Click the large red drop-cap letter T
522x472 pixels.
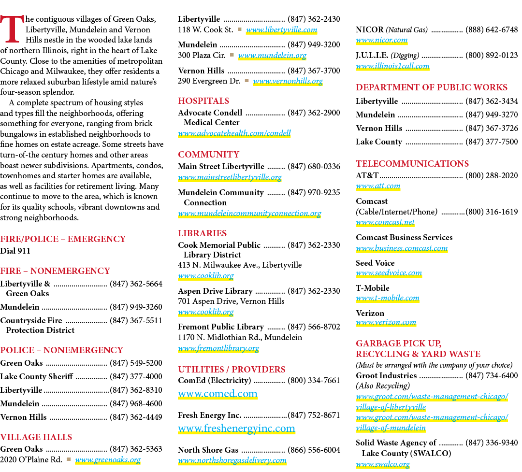pyautogui.click(x=12, y=29)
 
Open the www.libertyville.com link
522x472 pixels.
pyautogui.click(x=281, y=30)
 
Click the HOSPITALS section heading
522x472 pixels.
pyautogui.click(x=203, y=101)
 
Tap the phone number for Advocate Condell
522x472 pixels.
pyautogui.click(x=314, y=113)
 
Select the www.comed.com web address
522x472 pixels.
pyautogui.click(x=217, y=393)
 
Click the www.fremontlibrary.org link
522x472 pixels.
pyautogui.click(x=218, y=348)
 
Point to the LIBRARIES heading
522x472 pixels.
pyautogui.click(x=202, y=233)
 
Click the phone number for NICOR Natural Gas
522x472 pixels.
pyautogui.click(x=492, y=29)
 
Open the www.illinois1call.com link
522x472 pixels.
pyautogui.click(x=392, y=66)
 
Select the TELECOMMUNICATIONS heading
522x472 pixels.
pyautogui.click(x=412, y=163)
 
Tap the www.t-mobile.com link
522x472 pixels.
pyautogui.click(x=388, y=298)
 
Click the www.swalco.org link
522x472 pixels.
pyautogui.click(x=383, y=464)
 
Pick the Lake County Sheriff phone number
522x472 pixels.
pyautogui.click(x=136, y=376)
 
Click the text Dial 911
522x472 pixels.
pyautogui.click(x=15, y=251)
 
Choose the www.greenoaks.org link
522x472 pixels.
pyautogui.click(x=108, y=460)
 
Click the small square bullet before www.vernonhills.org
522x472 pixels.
pyautogui.click(x=246, y=81)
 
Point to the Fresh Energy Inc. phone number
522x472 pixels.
pyautogui.click(x=314, y=415)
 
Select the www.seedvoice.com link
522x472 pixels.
pyautogui.click(x=389, y=273)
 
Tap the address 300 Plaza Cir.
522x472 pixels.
pyautogui.click(x=202, y=55)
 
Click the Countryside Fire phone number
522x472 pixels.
pyautogui.click(x=136, y=321)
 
